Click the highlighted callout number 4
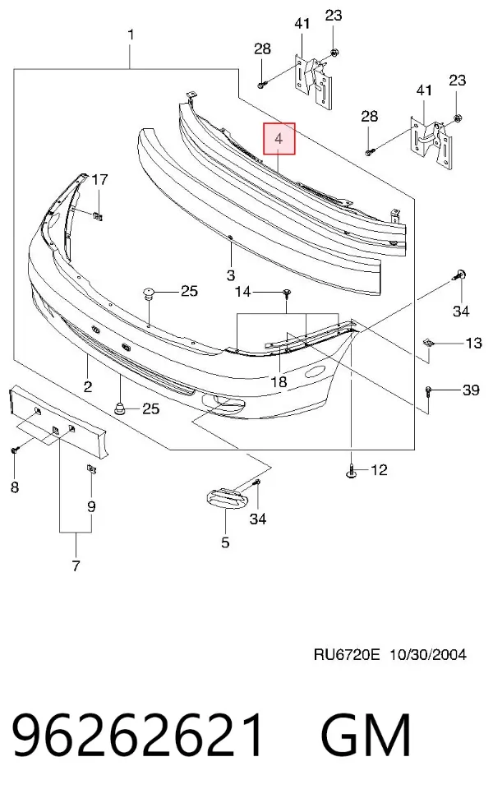click(x=279, y=138)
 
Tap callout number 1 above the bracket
click(x=131, y=35)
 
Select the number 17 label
click(x=99, y=179)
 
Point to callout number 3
click(x=230, y=275)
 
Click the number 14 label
click(x=242, y=292)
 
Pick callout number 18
click(x=279, y=381)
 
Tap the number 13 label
click(x=473, y=343)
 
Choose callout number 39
click(x=471, y=390)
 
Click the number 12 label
click(x=380, y=469)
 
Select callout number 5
click(x=225, y=542)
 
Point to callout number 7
click(x=76, y=565)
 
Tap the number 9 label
click(x=91, y=506)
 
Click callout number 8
click(x=14, y=487)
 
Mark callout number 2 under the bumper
click(x=88, y=386)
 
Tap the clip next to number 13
click(x=428, y=343)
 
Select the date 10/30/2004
click(x=427, y=654)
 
